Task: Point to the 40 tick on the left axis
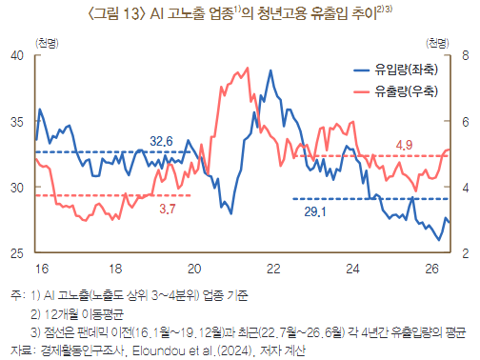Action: click(17, 55)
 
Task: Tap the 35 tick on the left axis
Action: click(17, 121)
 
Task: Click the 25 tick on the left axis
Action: click(17, 253)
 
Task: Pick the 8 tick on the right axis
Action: click(466, 55)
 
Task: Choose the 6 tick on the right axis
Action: click(466, 121)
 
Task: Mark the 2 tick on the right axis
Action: click(466, 253)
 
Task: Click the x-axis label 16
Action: click(42, 269)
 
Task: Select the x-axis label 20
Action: click(194, 269)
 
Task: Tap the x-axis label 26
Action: click(431, 269)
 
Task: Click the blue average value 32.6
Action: click(161, 141)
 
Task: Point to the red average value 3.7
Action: click(168, 209)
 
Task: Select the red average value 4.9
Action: click(404, 145)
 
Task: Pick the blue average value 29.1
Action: click(315, 211)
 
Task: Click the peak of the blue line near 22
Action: click(270, 70)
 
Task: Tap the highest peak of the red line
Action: click(248, 68)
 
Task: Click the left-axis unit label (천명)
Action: click(47, 43)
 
